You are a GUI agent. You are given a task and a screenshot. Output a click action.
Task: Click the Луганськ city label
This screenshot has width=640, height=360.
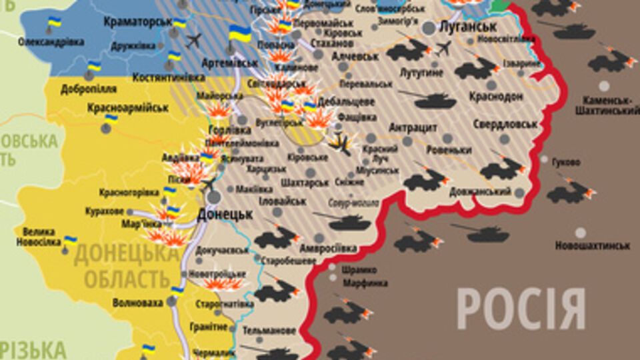(469, 27)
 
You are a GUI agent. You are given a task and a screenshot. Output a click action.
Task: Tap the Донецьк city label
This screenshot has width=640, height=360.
(225, 215)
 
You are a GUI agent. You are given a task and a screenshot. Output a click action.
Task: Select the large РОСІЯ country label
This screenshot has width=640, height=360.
(521, 309)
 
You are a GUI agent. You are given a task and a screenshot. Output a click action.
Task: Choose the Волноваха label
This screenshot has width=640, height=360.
(138, 303)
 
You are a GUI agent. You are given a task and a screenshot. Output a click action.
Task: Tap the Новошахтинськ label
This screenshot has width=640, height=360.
(592, 246)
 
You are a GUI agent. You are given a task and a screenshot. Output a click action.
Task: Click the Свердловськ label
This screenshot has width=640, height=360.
(506, 125)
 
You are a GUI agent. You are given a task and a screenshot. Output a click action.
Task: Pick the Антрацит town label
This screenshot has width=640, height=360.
(413, 127)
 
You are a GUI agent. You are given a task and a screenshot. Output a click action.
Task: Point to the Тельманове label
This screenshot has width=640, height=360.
(269, 331)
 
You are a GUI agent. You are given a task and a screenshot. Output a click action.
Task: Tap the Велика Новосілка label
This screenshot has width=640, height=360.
(39, 236)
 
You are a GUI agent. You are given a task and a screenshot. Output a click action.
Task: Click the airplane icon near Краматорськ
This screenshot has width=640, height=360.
(194, 40)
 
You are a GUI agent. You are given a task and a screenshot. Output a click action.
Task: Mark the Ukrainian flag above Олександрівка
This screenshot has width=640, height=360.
(54, 24)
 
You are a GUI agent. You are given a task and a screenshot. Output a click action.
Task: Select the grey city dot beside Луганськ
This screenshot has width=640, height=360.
(429, 27)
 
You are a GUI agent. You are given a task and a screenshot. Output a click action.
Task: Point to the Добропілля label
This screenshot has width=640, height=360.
(79, 89)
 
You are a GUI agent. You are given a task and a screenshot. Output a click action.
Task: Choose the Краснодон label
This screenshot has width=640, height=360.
(495, 97)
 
